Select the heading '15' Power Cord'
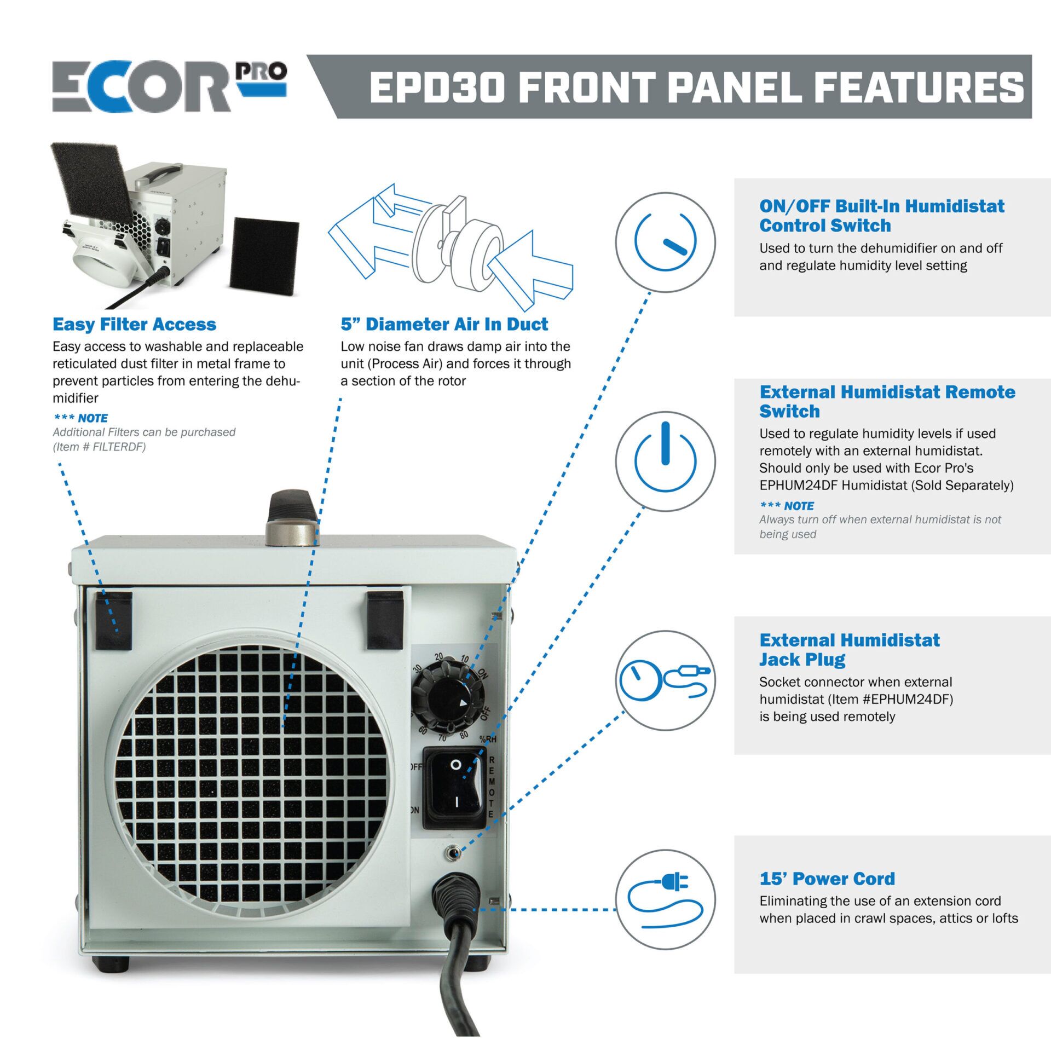tap(827, 879)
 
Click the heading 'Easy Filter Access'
tap(134, 324)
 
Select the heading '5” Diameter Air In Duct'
tap(443, 324)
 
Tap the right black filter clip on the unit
tap(385, 620)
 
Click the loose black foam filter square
tap(264, 256)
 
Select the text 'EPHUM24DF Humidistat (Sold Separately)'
tap(886, 485)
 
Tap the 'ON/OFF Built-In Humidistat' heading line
tap(881, 206)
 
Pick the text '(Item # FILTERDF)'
tap(99, 447)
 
